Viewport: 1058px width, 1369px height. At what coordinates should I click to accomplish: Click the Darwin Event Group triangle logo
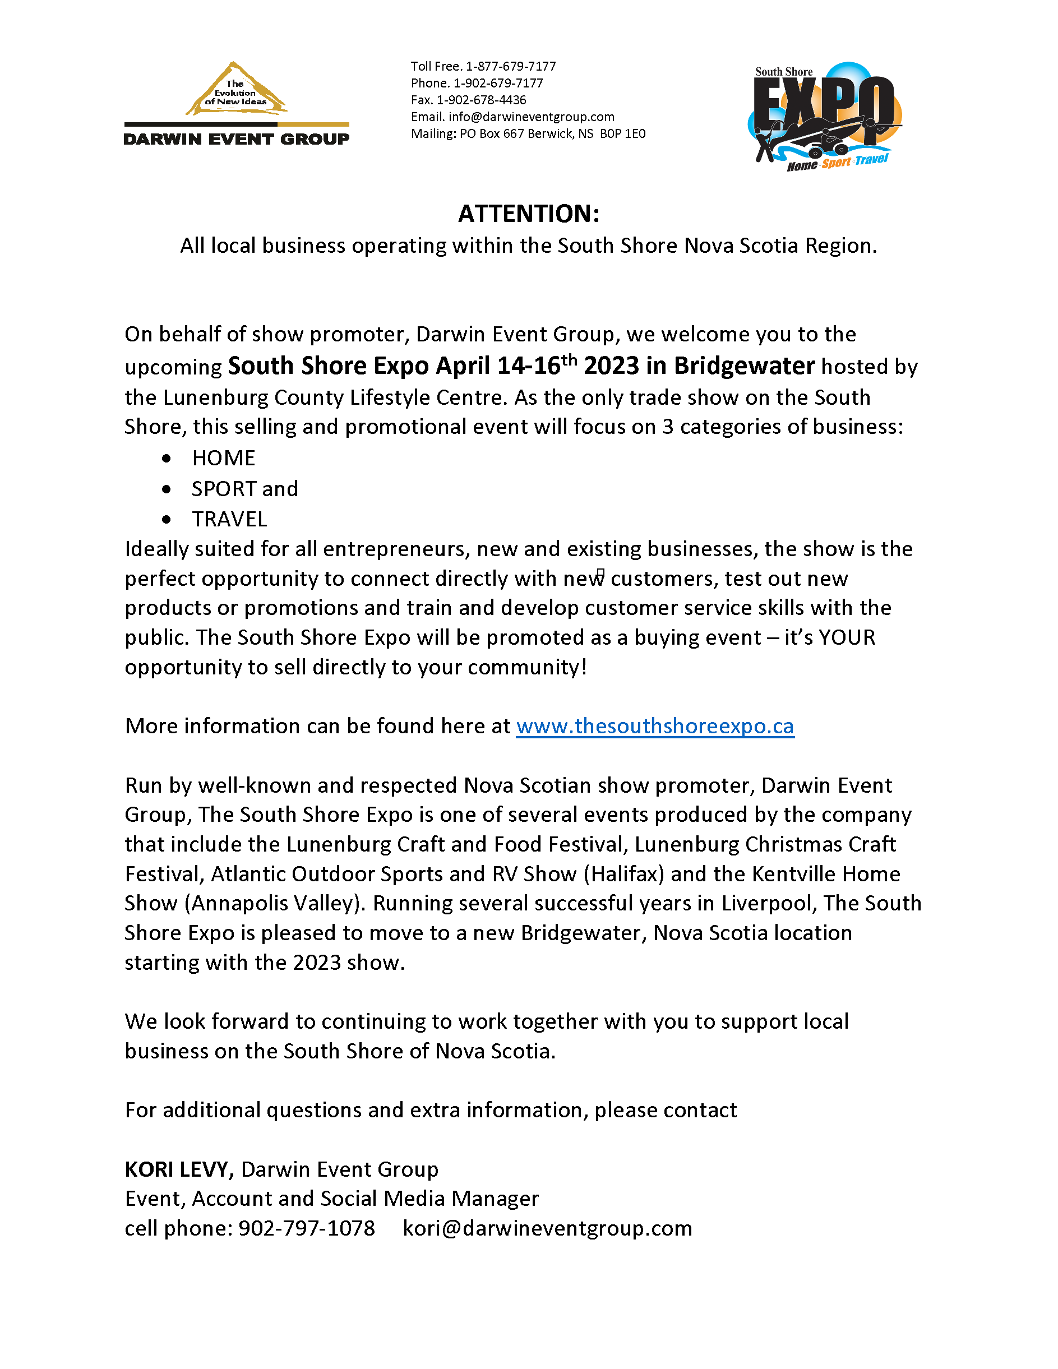click(235, 89)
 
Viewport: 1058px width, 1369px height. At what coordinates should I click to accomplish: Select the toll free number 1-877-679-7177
click(510, 67)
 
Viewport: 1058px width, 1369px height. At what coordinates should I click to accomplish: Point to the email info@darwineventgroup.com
click(531, 117)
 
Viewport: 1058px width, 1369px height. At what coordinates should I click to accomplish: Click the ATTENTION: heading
click(528, 214)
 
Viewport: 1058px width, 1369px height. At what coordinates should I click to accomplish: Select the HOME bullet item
click(223, 458)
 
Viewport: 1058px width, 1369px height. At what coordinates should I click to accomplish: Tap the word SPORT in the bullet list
click(224, 489)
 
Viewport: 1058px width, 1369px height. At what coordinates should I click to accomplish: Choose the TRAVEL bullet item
click(229, 519)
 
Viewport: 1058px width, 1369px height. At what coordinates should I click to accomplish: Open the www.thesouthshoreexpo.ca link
click(655, 726)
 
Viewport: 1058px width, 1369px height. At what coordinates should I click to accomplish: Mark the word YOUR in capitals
click(847, 637)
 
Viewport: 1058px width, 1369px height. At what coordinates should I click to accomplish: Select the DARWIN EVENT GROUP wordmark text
click(236, 139)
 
